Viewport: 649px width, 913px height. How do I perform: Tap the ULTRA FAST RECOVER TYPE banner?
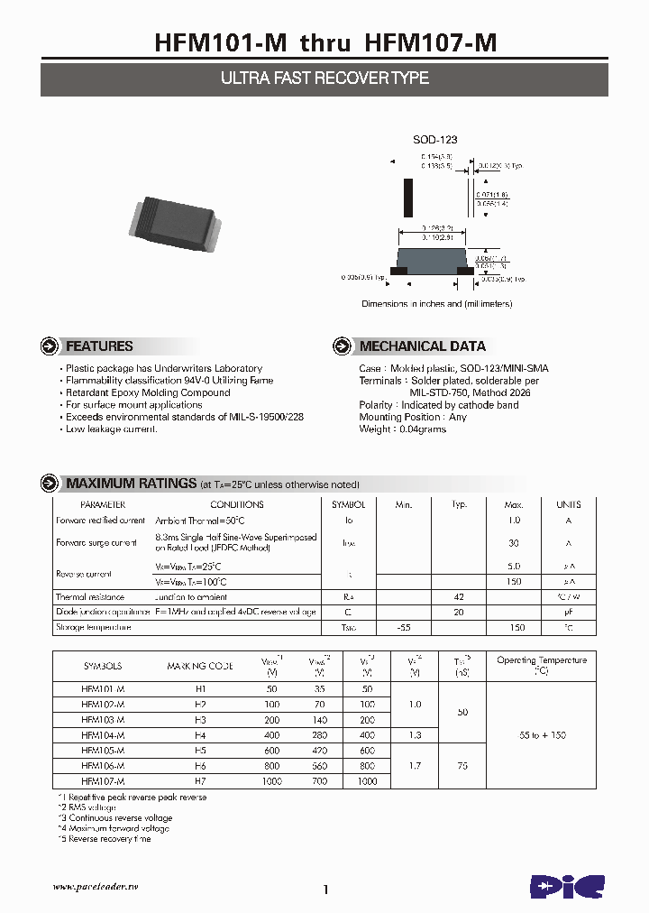324,78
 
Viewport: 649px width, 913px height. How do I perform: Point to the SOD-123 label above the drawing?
435,140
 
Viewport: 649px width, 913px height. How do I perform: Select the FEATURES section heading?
99,346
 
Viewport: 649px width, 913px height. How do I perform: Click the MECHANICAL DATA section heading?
422,346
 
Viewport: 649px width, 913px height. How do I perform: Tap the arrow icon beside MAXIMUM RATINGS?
51,484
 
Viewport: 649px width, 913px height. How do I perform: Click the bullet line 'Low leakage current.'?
112,429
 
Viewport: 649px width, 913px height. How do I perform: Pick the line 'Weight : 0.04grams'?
403,429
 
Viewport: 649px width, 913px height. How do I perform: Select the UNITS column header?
568,505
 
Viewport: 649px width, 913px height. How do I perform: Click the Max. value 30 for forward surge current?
514,543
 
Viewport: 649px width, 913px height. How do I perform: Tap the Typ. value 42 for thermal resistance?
459,597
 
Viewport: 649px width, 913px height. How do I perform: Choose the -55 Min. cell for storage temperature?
404,627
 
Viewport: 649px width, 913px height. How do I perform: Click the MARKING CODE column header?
199,666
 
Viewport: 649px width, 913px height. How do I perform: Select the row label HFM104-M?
103,736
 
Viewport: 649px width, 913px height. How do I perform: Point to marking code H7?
199,781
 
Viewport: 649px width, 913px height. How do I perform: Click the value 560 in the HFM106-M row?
319,766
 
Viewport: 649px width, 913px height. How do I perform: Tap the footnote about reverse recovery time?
105,839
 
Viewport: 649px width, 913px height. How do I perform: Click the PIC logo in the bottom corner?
567,886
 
